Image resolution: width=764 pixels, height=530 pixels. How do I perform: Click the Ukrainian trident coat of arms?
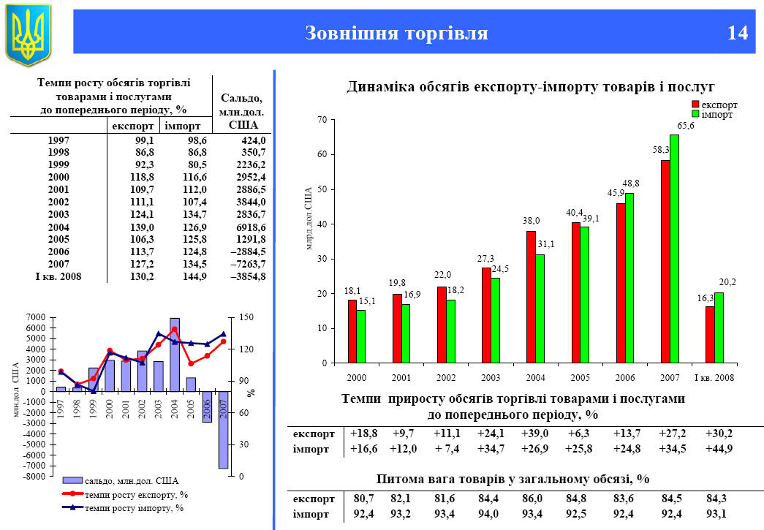click(x=28, y=34)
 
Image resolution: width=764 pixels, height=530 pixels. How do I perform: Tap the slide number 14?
click(x=738, y=33)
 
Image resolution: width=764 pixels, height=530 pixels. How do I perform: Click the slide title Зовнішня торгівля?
click(x=396, y=33)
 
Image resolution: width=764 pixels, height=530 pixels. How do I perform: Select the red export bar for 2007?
click(x=665, y=261)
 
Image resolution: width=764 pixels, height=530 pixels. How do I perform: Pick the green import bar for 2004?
click(x=540, y=308)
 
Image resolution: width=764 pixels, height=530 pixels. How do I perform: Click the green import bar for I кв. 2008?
click(x=719, y=328)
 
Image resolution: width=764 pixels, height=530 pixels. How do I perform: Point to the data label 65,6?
click(x=685, y=126)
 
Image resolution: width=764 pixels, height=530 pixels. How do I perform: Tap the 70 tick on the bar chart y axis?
click(x=321, y=120)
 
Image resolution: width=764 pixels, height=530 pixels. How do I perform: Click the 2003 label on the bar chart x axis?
click(x=491, y=377)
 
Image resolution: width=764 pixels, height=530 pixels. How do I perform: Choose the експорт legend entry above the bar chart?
click(x=718, y=105)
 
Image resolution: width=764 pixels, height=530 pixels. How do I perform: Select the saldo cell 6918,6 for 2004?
click(x=248, y=227)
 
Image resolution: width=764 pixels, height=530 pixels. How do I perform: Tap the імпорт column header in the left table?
click(x=182, y=126)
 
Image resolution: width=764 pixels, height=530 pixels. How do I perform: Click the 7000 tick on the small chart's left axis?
click(x=35, y=317)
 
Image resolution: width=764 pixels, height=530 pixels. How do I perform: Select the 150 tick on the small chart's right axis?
click(x=245, y=317)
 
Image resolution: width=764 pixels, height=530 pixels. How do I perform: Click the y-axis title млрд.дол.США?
click(x=309, y=219)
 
